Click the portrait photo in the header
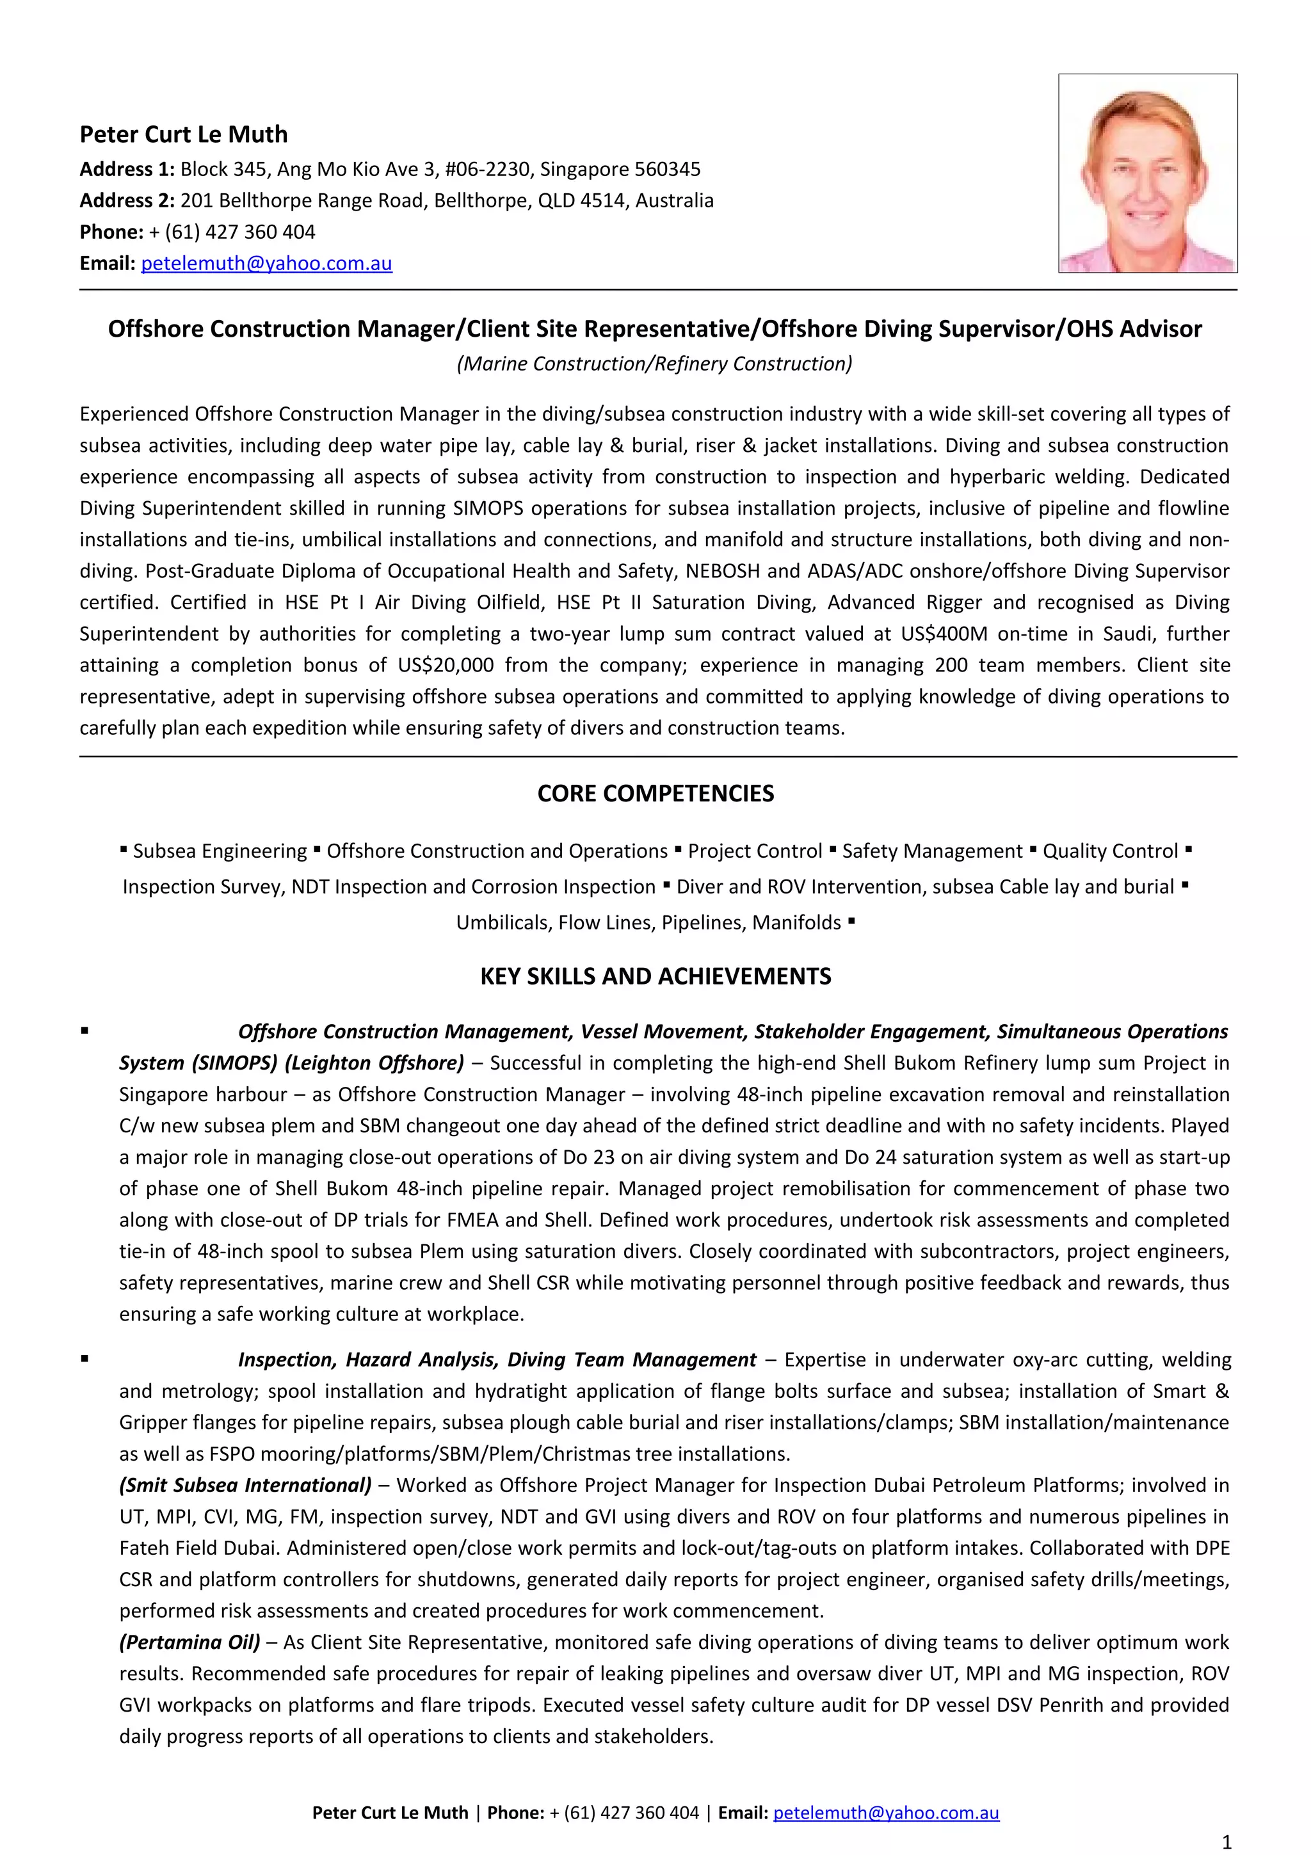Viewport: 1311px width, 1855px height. point(1147,173)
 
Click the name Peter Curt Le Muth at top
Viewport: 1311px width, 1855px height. point(183,134)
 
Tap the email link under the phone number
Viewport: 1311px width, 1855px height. point(266,263)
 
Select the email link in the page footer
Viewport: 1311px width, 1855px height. point(885,1812)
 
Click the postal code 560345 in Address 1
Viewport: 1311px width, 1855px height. point(666,169)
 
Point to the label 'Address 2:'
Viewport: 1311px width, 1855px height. point(127,200)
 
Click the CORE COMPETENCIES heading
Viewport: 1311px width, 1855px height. point(655,793)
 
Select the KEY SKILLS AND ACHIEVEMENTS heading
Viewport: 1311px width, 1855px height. point(655,976)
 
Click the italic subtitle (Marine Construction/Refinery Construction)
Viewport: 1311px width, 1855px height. point(654,364)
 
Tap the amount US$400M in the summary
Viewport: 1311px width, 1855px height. point(944,634)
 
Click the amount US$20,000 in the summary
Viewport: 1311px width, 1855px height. point(445,665)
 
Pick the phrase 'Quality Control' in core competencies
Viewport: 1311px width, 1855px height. point(1110,851)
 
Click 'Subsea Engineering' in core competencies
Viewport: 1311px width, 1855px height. point(220,851)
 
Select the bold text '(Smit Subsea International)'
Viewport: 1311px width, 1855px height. point(246,1485)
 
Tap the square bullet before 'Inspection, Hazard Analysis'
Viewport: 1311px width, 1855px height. point(84,1360)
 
